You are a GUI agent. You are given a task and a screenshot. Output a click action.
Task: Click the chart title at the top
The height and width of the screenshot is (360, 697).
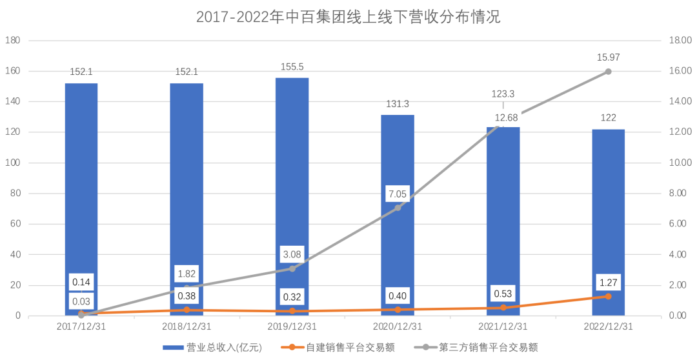click(x=348, y=17)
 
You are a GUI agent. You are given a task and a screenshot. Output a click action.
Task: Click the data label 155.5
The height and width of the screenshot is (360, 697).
click(x=292, y=66)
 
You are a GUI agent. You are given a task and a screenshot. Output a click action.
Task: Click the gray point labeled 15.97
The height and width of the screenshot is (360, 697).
click(x=608, y=72)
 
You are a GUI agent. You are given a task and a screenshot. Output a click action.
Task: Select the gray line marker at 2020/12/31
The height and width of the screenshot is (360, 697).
click(x=398, y=208)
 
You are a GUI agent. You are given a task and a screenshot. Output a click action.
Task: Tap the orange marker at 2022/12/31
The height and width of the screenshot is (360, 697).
click(x=608, y=296)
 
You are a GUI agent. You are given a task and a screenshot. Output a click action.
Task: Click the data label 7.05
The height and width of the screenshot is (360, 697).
click(x=398, y=194)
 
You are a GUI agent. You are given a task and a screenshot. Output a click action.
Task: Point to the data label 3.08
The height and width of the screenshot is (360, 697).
click(x=292, y=254)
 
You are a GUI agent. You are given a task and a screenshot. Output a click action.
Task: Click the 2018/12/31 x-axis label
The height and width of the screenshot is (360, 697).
click(x=187, y=326)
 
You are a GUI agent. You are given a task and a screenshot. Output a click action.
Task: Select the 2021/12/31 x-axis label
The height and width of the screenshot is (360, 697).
click(x=503, y=326)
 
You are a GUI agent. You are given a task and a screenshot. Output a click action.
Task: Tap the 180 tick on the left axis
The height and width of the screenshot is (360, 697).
click(x=13, y=41)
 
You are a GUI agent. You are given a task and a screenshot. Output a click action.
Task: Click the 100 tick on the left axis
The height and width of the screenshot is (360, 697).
click(x=13, y=163)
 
